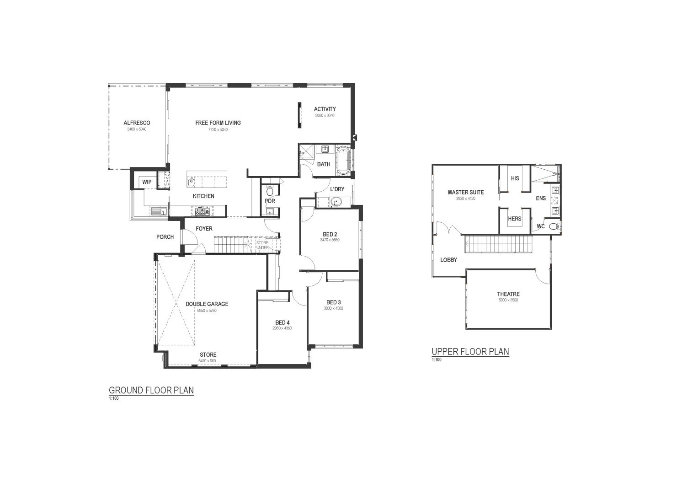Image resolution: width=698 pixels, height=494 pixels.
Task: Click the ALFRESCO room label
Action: tap(137, 123)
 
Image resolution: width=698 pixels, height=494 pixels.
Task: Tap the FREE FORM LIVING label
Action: tap(218, 123)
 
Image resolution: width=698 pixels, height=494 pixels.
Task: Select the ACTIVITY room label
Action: tap(325, 109)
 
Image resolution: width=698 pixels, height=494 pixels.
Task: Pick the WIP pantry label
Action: tap(147, 182)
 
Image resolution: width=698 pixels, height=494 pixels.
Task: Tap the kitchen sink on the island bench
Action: tap(192, 181)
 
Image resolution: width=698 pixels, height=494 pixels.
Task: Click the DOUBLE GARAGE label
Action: tap(207, 304)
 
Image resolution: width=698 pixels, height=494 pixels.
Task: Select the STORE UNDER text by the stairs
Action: tap(262, 246)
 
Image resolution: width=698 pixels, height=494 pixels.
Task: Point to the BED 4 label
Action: tap(282, 322)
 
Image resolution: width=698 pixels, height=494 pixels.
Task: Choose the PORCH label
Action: tap(165, 237)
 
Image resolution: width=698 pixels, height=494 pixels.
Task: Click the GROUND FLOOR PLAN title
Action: tap(151, 391)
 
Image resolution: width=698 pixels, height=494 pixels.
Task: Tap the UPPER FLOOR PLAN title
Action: tap(470, 352)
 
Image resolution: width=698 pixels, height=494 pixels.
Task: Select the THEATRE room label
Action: tap(508, 294)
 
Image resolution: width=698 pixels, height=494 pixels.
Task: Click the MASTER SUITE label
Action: tap(465, 193)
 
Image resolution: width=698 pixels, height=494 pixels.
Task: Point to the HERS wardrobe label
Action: tap(515, 219)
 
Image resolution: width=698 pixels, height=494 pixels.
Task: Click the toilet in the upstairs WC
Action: tap(554, 226)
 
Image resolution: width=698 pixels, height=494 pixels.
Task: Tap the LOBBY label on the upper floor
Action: tap(448, 260)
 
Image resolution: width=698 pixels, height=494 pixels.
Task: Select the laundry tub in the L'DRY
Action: tap(337, 201)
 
